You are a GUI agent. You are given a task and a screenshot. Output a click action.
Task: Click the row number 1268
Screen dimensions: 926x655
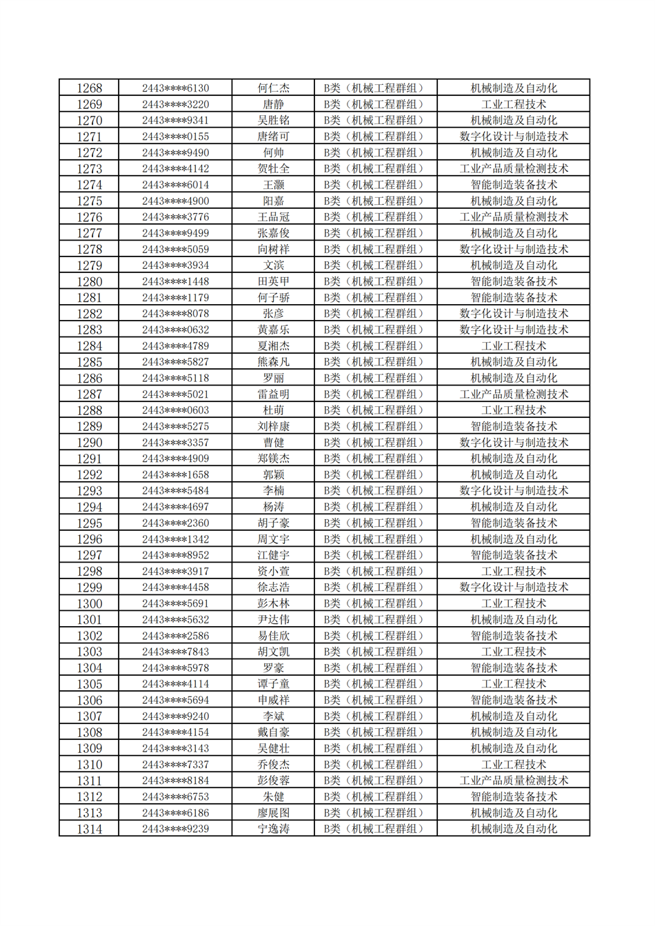pyautogui.click(x=89, y=88)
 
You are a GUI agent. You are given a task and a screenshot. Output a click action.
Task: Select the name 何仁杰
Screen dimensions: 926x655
pyautogui.click(x=273, y=88)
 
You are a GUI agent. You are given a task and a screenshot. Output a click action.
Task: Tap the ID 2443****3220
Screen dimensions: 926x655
pyautogui.click(x=175, y=105)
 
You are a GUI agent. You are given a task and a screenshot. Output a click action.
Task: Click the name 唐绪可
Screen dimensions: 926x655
pyautogui.click(x=273, y=137)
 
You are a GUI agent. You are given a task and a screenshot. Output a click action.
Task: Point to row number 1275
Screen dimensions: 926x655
pyautogui.click(x=89, y=201)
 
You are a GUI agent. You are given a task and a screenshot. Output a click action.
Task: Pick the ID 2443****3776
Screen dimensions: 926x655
pyautogui.click(x=175, y=217)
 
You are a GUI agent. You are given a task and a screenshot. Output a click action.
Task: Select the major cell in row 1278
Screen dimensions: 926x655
pyautogui.click(x=514, y=250)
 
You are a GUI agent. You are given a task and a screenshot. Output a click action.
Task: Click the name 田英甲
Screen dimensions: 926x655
pyautogui.click(x=273, y=281)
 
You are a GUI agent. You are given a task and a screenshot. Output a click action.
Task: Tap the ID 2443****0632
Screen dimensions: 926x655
pyautogui.click(x=175, y=330)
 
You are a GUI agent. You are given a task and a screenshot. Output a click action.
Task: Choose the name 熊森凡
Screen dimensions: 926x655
pyautogui.click(x=273, y=362)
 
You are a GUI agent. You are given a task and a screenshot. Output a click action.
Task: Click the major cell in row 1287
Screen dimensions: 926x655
pyautogui.click(x=514, y=394)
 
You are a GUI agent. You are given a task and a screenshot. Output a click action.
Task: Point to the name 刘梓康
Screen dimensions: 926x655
pyautogui.click(x=273, y=427)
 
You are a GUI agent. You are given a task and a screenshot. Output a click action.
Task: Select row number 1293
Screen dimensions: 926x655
pyautogui.click(x=89, y=491)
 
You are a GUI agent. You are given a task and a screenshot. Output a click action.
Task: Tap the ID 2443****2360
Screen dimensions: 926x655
pyautogui.click(x=175, y=523)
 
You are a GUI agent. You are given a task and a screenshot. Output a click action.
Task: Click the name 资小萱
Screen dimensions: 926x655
pyautogui.click(x=273, y=572)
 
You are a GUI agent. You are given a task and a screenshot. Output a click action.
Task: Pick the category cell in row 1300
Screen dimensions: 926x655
pyautogui.click(x=376, y=603)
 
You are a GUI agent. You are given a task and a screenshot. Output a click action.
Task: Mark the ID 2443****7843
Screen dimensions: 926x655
pyautogui.click(x=175, y=652)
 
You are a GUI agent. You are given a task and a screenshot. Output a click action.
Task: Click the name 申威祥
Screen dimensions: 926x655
pyautogui.click(x=273, y=700)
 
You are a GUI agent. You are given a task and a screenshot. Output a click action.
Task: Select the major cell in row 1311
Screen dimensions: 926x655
pyautogui.click(x=514, y=781)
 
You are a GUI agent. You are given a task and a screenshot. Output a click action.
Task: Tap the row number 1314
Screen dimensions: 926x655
pyautogui.click(x=89, y=829)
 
